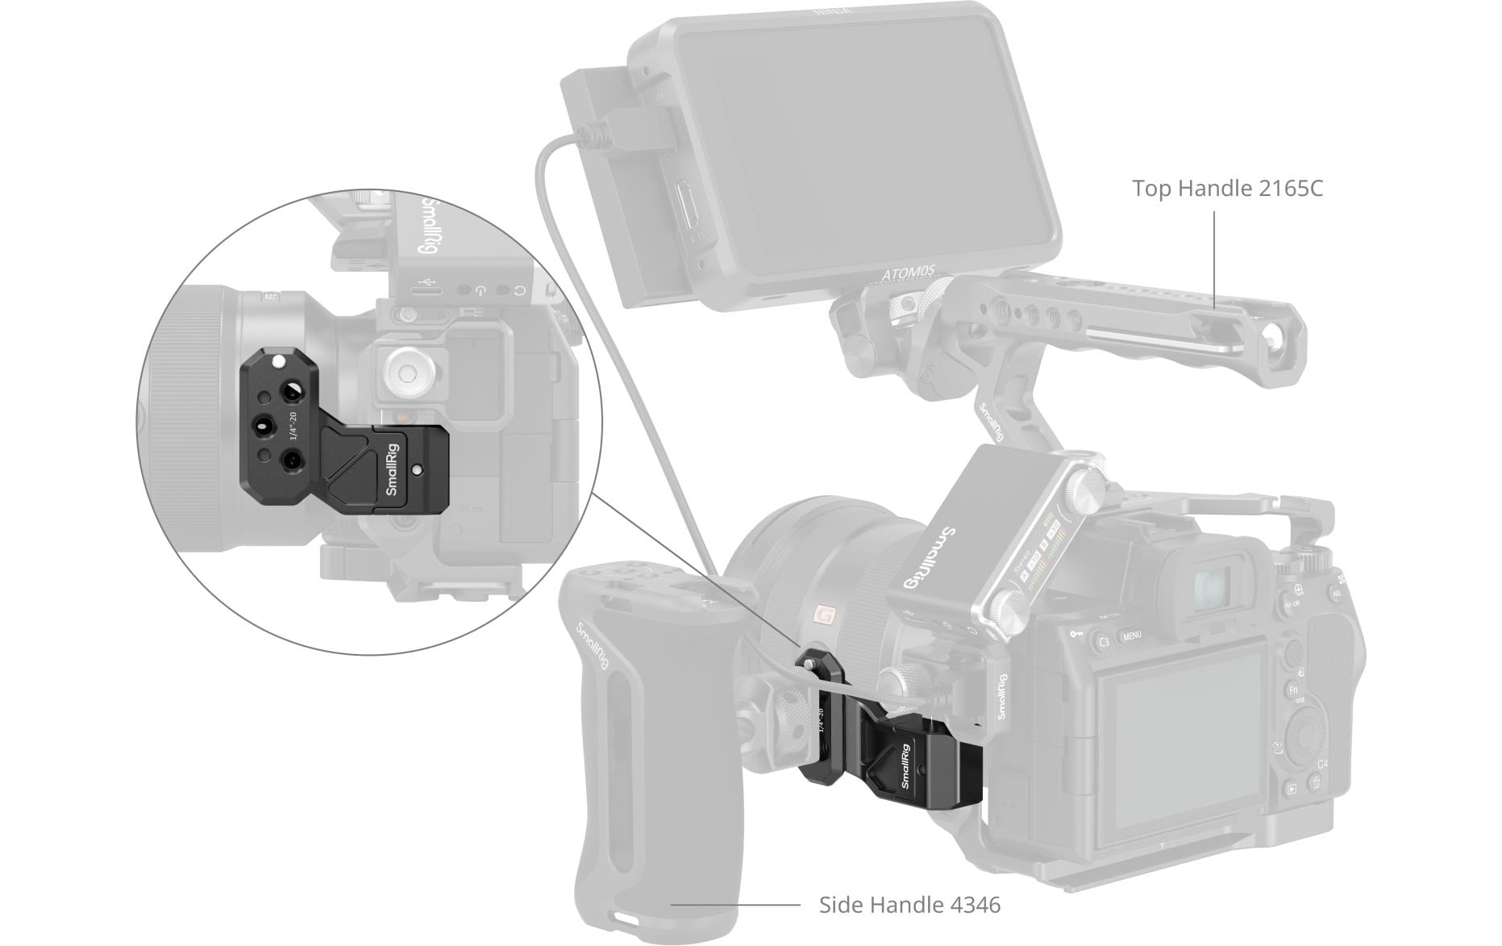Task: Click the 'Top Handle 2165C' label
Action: click(1227, 189)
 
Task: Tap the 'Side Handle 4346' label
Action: click(909, 905)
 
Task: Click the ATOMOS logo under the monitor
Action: click(908, 273)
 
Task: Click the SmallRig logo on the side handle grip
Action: click(592, 646)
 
